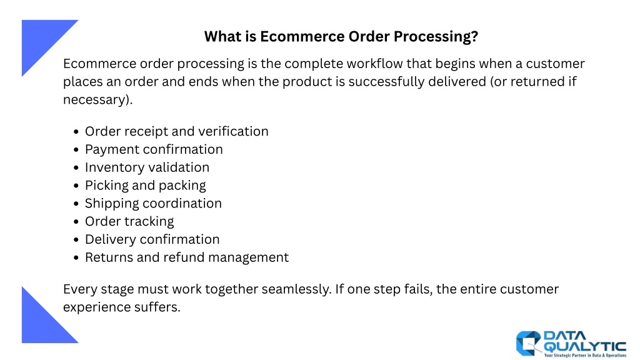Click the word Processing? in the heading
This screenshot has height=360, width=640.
click(x=436, y=37)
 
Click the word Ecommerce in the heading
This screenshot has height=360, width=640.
click(x=302, y=36)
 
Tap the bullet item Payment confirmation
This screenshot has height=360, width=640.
click(x=154, y=149)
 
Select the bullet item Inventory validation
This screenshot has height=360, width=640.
click(x=147, y=167)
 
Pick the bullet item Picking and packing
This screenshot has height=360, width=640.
click(x=145, y=186)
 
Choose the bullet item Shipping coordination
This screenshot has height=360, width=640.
click(x=153, y=203)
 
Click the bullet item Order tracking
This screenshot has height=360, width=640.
click(x=129, y=222)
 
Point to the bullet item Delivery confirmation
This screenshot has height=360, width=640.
click(x=152, y=239)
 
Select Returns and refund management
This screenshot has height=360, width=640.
click(x=187, y=257)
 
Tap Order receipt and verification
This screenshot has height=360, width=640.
click(x=177, y=131)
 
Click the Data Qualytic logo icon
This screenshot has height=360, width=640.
click(x=529, y=343)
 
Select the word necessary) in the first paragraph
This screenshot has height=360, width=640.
click(x=98, y=100)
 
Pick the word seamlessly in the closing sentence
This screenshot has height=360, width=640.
click(x=296, y=289)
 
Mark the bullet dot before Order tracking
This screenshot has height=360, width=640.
click(x=76, y=222)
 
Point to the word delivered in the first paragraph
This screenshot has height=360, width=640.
click(x=457, y=82)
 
